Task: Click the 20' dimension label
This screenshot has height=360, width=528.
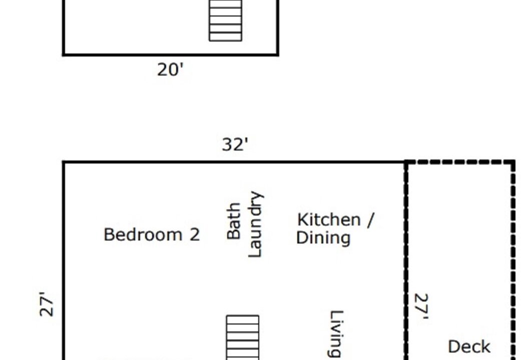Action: click(x=170, y=70)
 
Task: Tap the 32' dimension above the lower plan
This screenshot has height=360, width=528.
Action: click(x=235, y=144)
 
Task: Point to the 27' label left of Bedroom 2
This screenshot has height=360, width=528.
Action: click(x=47, y=304)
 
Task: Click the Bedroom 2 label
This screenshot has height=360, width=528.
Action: click(x=152, y=234)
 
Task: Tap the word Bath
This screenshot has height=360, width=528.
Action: click(x=234, y=221)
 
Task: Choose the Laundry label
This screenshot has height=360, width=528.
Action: click(x=255, y=224)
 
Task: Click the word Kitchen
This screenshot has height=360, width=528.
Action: click(x=329, y=219)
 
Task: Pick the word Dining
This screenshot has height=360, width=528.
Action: click(x=323, y=238)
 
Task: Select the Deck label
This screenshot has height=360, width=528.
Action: click(x=469, y=346)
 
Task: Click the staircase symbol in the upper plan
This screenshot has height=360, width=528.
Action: click(x=225, y=20)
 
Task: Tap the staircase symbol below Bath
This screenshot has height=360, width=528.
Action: click(x=243, y=337)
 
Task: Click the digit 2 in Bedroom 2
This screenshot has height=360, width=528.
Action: click(x=195, y=234)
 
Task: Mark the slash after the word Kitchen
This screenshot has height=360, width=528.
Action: click(x=370, y=220)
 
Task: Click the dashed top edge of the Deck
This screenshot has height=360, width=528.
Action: click(x=460, y=162)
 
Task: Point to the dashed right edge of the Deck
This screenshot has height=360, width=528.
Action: click(x=513, y=260)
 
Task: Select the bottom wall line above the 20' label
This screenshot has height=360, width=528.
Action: click(x=170, y=54)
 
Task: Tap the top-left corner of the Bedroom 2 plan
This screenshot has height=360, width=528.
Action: click(x=64, y=162)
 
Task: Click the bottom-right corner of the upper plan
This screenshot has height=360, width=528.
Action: click(x=277, y=54)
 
